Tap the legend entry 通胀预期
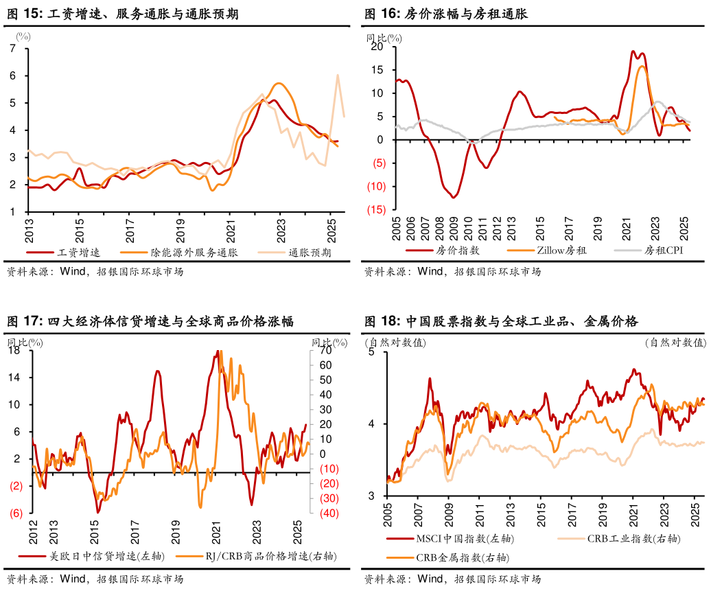(310, 252)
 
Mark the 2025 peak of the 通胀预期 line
(338, 75)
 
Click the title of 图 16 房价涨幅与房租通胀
(446, 14)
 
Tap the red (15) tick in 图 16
(376, 210)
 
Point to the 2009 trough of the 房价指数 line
(454, 198)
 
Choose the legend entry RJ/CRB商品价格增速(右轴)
(265, 556)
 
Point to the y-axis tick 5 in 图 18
(371, 352)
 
